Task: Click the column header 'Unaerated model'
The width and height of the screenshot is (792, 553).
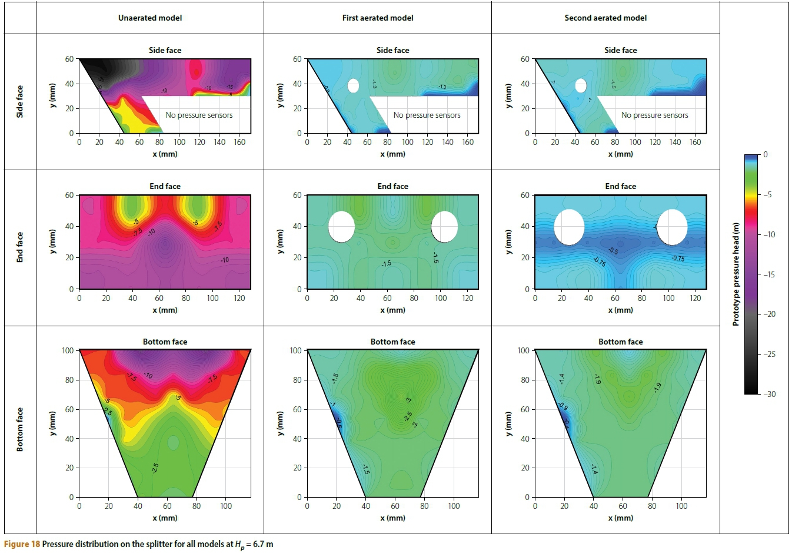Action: click(x=150, y=18)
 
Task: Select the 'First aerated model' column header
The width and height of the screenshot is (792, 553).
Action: click(x=378, y=18)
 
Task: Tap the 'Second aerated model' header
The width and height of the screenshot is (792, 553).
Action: click(x=605, y=18)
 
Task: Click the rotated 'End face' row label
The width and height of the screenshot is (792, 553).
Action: click(x=20, y=247)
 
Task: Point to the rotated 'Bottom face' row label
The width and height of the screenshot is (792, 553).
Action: click(x=20, y=429)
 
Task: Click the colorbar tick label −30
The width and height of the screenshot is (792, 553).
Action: click(x=769, y=394)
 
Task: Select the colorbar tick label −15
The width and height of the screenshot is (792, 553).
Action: click(x=769, y=274)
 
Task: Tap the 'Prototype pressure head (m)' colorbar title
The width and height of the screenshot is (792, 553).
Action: click(x=736, y=274)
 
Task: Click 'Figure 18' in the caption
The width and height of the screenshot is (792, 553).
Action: click(x=22, y=544)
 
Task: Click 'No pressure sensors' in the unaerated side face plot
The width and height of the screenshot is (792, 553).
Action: click(x=199, y=115)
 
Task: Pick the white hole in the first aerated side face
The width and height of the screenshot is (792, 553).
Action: click(x=353, y=86)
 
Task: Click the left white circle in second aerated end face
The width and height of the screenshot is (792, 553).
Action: click(x=569, y=227)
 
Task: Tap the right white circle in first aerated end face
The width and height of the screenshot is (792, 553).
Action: click(x=444, y=227)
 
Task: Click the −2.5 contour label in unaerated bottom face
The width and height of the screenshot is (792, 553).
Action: click(x=155, y=468)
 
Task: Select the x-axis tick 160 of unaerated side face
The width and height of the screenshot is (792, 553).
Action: click(x=239, y=142)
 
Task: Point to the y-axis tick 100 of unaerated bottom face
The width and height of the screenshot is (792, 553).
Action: click(x=68, y=350)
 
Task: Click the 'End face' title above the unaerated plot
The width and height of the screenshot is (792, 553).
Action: click(x=165, y=186)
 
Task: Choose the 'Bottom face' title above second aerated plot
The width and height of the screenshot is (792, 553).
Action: click(x=620, y=342)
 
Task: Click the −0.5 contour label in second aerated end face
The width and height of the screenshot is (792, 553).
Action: click(x=613, y=251)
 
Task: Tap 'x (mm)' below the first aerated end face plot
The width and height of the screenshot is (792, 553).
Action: click(x=392, y=310)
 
